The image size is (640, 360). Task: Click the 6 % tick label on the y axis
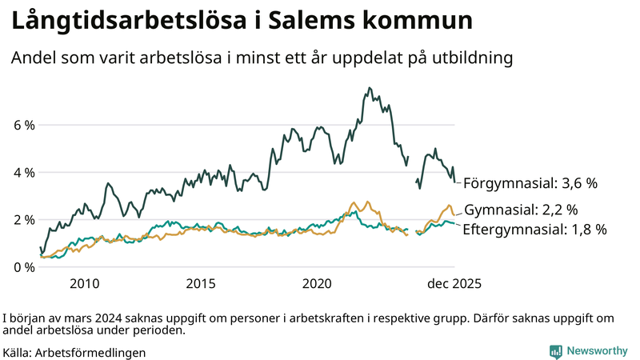24,126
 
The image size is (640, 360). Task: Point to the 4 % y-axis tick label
24,173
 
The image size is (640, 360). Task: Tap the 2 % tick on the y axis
24,220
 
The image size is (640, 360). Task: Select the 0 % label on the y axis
24,267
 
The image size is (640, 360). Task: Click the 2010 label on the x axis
85,283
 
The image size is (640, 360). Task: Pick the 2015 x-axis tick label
201,283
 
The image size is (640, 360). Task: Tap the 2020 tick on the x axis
317,283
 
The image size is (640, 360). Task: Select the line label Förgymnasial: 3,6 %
530,183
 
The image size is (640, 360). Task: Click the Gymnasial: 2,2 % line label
521,210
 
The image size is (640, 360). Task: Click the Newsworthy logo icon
555,351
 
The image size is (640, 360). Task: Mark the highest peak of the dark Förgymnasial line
369,88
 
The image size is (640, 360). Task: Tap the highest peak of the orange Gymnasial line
353,202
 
